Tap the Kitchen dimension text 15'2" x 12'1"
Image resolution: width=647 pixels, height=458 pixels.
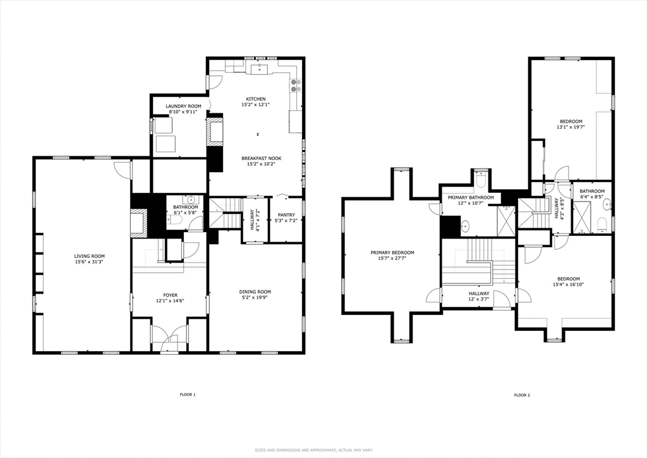256,105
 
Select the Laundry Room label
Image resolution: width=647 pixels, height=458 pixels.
184,106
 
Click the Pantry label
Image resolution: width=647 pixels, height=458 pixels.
286,214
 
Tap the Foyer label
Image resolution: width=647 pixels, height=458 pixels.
170,295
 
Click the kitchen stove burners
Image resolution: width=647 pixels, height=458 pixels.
296,85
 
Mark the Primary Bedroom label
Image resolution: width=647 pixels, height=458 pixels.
392,253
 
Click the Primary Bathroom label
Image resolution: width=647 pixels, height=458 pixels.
471,197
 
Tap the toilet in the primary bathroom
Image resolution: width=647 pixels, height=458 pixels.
481,179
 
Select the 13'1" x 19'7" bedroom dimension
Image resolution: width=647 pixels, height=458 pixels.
571,127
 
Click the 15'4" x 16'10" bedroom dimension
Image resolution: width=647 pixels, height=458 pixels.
569,284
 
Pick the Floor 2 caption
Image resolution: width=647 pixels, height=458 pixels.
522,395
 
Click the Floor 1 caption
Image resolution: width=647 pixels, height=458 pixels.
187,394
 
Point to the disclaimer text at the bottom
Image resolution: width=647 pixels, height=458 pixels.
313,450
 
